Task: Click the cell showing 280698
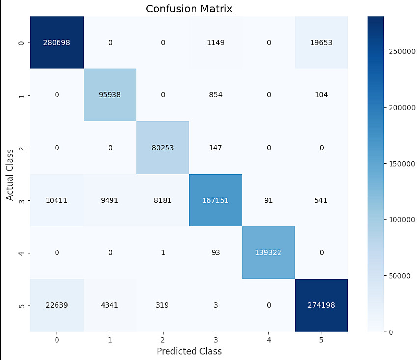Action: (57, 42)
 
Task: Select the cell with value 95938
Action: (110, 95)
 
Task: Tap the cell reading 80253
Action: (163, 148)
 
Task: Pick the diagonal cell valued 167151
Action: (215, 200)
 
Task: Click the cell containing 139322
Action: (268, 253)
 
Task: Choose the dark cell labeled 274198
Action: (321, 305)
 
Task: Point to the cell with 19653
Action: (321, 42)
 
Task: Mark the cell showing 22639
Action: (57, 305)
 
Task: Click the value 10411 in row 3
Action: (57, 200)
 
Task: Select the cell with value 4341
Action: (110, 305)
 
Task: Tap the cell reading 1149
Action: (215, 42)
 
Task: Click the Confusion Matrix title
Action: (189, 8)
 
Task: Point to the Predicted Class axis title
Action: (189, 351)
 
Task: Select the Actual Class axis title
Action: (9, 174)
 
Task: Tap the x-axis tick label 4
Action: (268, 339)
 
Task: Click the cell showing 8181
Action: (163, 200)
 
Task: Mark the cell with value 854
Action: (215, 95)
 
